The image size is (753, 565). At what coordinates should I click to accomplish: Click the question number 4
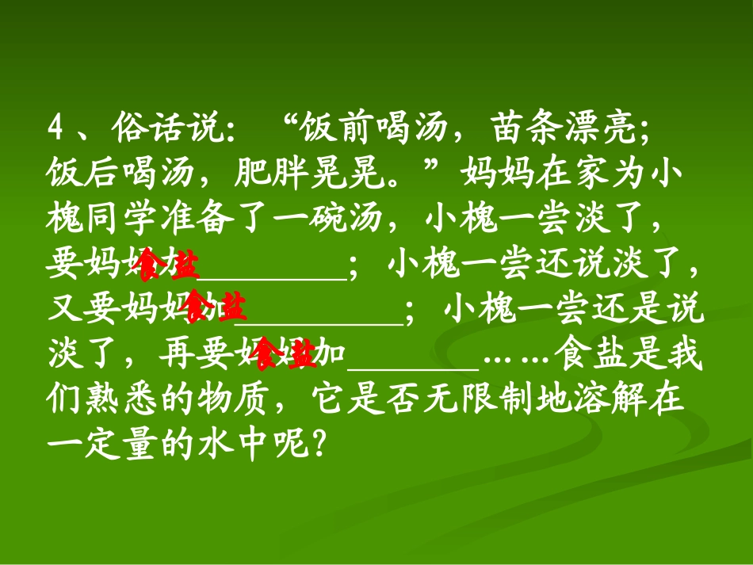pyautogui.click(x=55, y=127)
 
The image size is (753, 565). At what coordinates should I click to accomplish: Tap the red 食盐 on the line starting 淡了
pyautogui.click(x=285, y=355)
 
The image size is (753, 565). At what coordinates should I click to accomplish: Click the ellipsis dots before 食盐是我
pyautogui.click(x=516, y=357)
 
